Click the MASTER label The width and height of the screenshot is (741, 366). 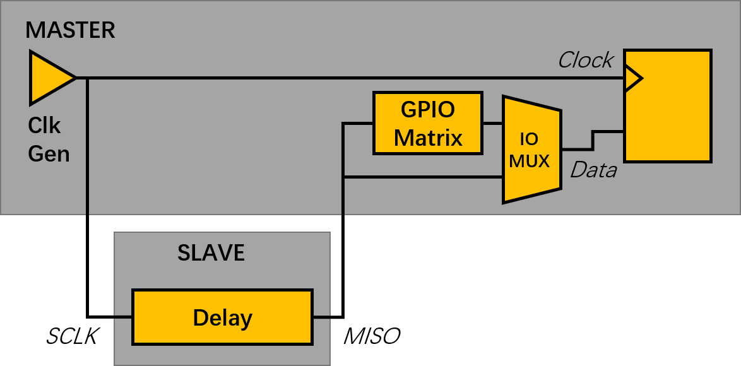click(x=70, y=30)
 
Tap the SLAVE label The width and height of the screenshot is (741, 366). click(x=211, y=253)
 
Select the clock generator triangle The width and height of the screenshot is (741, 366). click(x=49, y=78)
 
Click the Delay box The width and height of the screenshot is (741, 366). click(x=222, y=317)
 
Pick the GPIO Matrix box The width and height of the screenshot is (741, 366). click(x=427, y=123)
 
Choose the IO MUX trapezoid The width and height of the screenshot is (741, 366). click(x=530, y=150)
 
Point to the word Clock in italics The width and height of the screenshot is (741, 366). click(x=585, y=60)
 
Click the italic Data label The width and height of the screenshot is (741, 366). click(x=593, y=170)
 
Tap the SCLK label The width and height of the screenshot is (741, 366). click(x=71, y=336)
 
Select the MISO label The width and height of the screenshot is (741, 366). click(x=371, y=336)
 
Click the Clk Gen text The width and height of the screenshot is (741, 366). click(x=49, y=139)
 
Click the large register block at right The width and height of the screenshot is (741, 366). click(x=668, y=105)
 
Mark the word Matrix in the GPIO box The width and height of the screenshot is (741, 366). click(x=428, y=138)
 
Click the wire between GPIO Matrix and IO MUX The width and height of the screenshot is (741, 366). click(x=492, y=123)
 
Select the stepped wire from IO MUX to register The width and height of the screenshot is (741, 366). click(x=592, y=140)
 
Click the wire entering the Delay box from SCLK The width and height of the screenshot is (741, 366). click(x=110, y=316)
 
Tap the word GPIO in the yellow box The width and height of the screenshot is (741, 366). click(x=427, y=109)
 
